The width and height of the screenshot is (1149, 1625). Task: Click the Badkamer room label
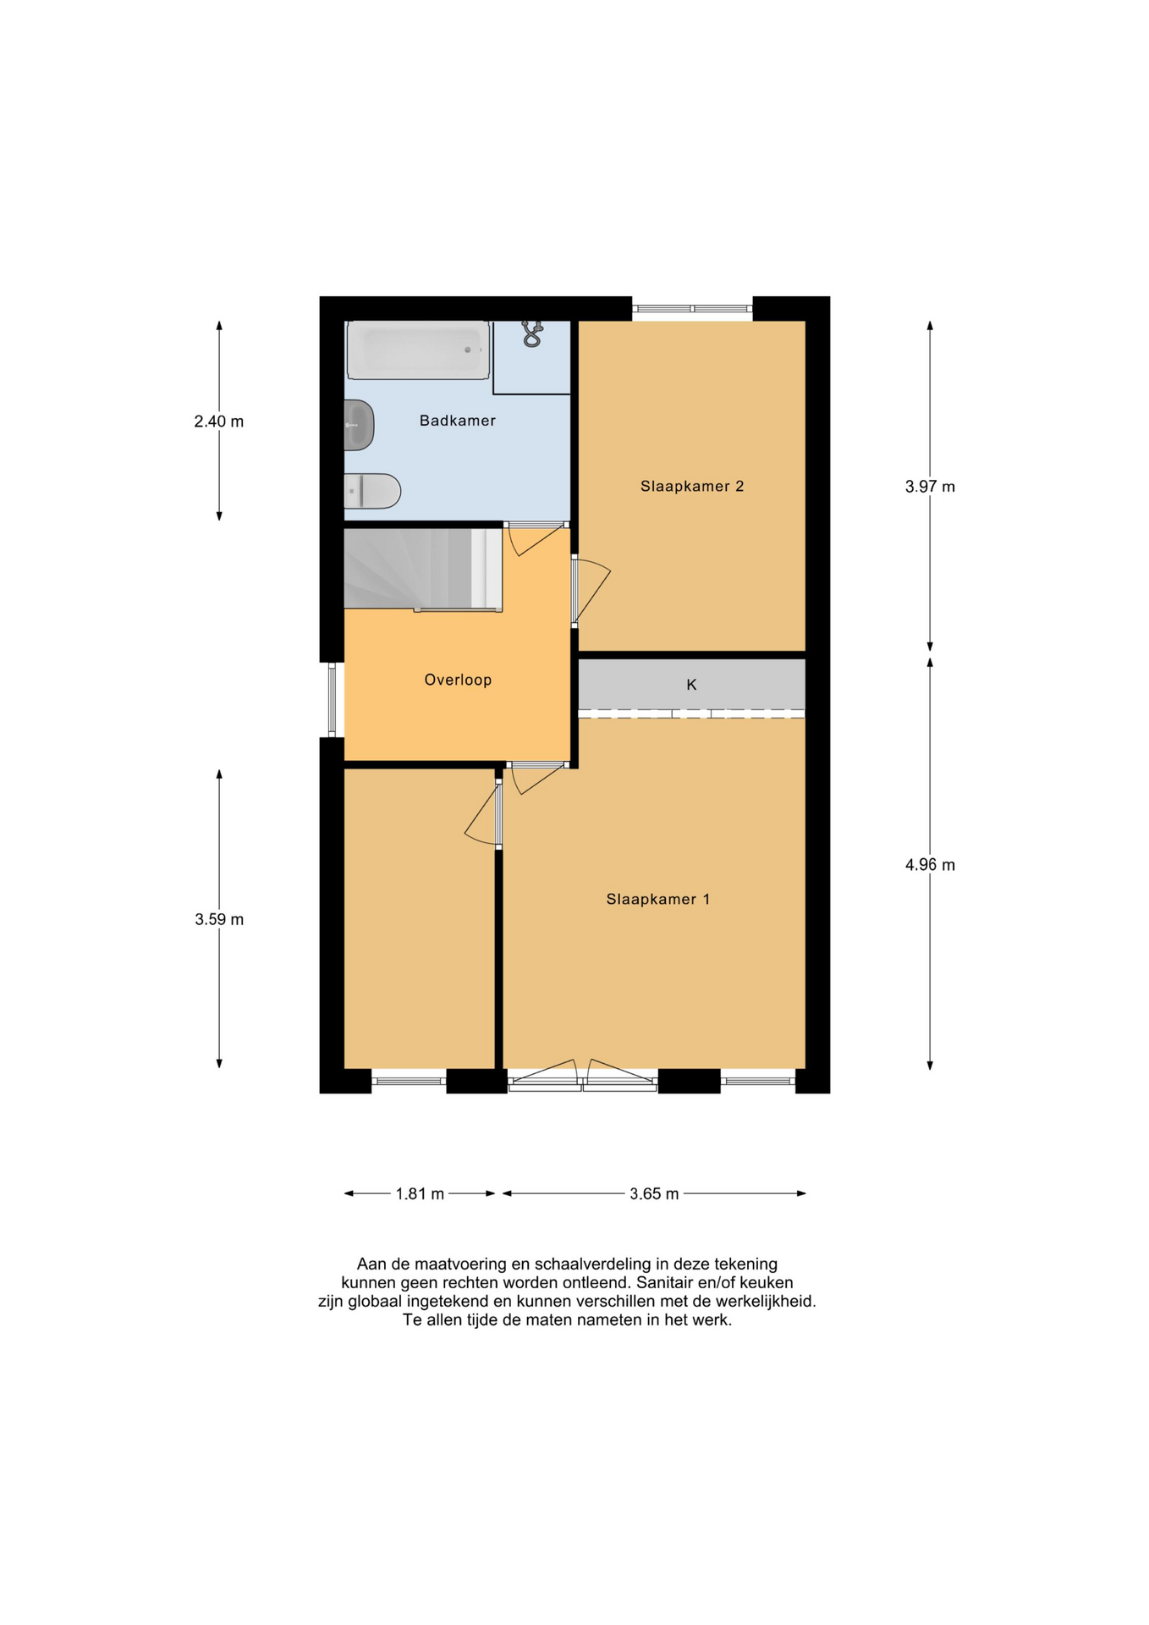(x=457, y=421)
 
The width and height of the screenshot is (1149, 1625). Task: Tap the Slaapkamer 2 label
(x=691, y=486)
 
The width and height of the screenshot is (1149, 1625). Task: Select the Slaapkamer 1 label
(x=657, y=899)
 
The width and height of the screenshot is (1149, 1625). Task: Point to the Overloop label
(x=458, y=680)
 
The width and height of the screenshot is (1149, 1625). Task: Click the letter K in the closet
(x=691, y=685)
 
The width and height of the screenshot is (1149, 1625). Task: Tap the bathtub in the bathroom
(x=418, y=350)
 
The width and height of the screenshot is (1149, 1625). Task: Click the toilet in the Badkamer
(x=372, y=491)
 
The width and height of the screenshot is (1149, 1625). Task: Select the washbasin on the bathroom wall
(x=359, y=425)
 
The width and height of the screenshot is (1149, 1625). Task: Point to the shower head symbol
(x=531, y=333)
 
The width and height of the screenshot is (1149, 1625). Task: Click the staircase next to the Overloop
(x=423, y=569)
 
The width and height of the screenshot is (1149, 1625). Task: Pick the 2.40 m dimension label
(x=218, y=421)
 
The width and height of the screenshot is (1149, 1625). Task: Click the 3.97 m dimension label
(x=930, y=487)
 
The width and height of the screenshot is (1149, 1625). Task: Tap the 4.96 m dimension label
(x=930, y=865)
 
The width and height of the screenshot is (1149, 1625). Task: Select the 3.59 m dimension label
(x=218, y=919)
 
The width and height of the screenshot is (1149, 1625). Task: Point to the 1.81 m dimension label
(x=420, y=1193)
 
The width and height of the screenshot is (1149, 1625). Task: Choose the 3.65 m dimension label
(x=654, y=1193)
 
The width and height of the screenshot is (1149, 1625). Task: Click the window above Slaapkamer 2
(x=692, y=309)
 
